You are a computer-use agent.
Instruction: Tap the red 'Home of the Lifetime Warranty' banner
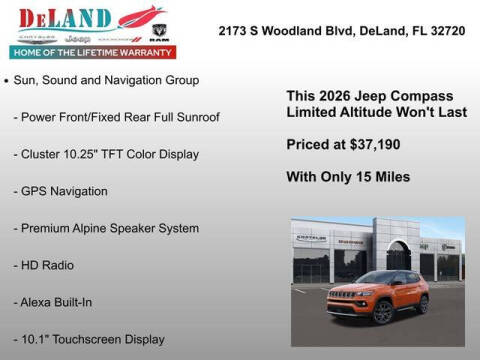91,52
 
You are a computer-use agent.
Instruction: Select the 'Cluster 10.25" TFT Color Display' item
107,154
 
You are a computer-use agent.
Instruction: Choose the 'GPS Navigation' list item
62,191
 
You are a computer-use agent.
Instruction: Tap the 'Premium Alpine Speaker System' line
107,228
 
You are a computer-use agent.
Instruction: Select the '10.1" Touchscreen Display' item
90,339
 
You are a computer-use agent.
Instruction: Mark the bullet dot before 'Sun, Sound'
7,80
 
